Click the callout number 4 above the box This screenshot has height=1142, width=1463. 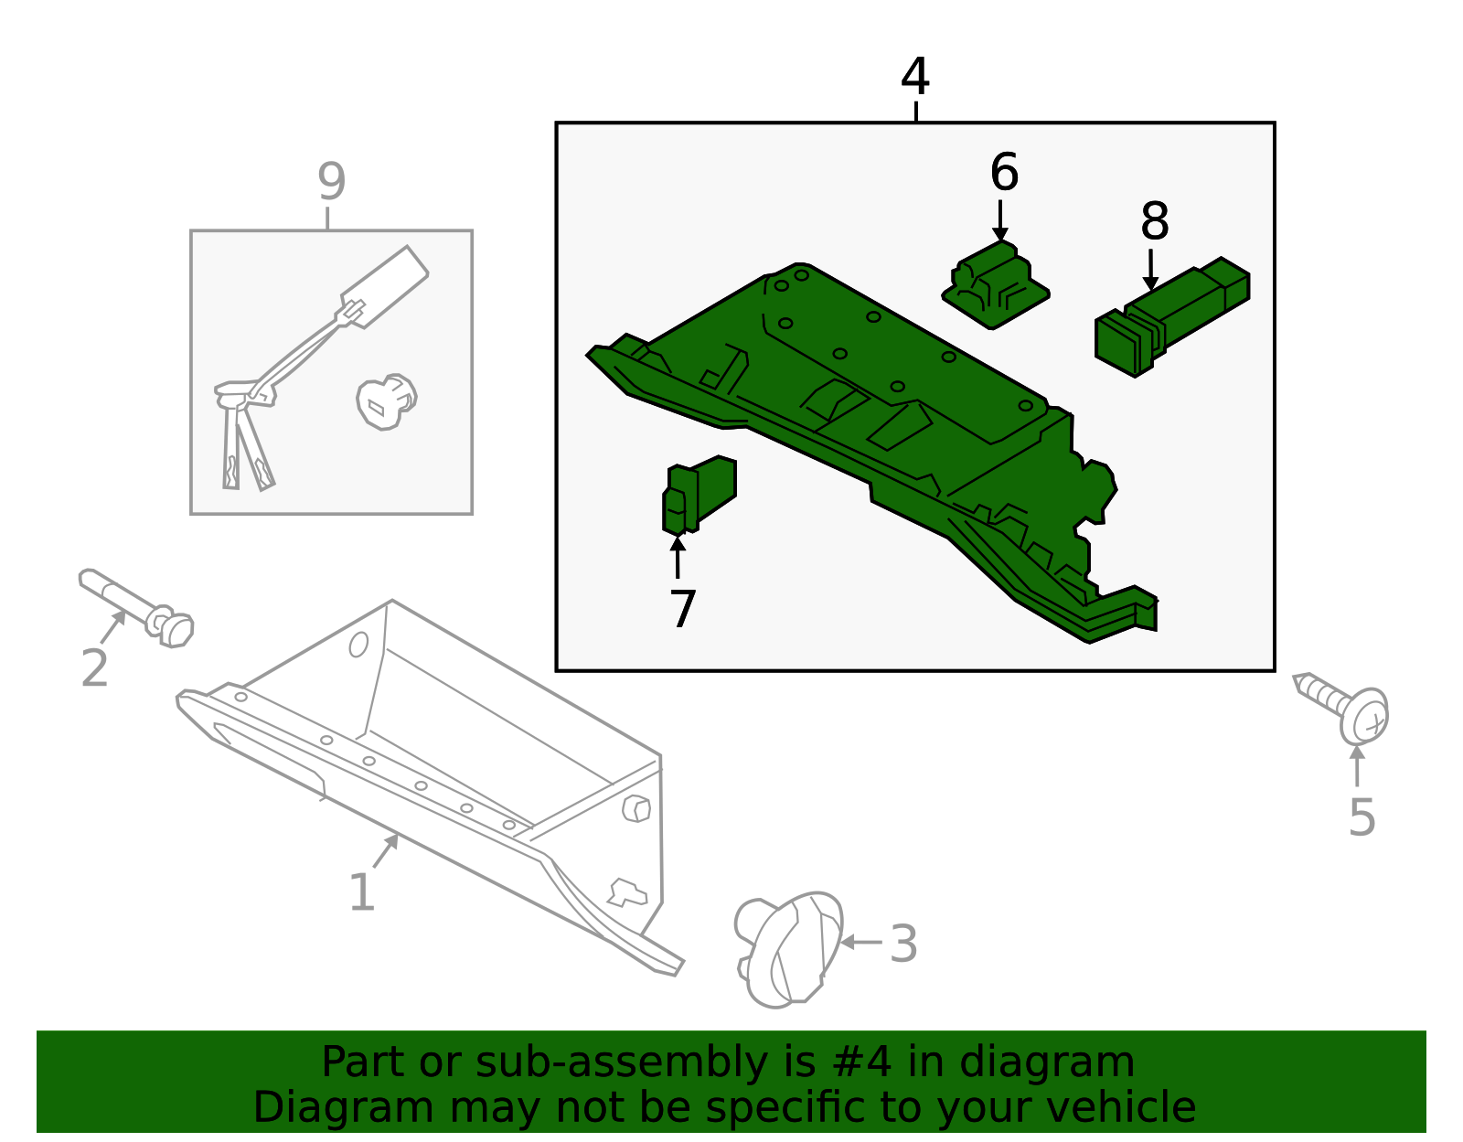tap(914, 77)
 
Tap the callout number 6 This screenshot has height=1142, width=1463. tap(1004, 173)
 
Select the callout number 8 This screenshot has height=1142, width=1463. tap(1154, 221)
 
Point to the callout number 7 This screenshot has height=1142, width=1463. tap(682, 609)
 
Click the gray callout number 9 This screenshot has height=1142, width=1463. tap(331, 181)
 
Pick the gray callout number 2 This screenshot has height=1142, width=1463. tap(94, 668)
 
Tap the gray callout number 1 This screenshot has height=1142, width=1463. tap(362, 892)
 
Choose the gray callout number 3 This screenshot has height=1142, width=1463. tap(903, 944)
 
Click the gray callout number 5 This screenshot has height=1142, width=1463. tap(1362, 816)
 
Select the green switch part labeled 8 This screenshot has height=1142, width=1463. tap(1170, 319)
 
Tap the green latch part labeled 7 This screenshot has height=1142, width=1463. tap(698, 495)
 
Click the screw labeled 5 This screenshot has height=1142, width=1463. tap(1349, 708)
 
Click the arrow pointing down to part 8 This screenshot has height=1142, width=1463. tap(1150, 270)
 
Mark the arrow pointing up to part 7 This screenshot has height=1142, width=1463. tap(678, 557)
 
